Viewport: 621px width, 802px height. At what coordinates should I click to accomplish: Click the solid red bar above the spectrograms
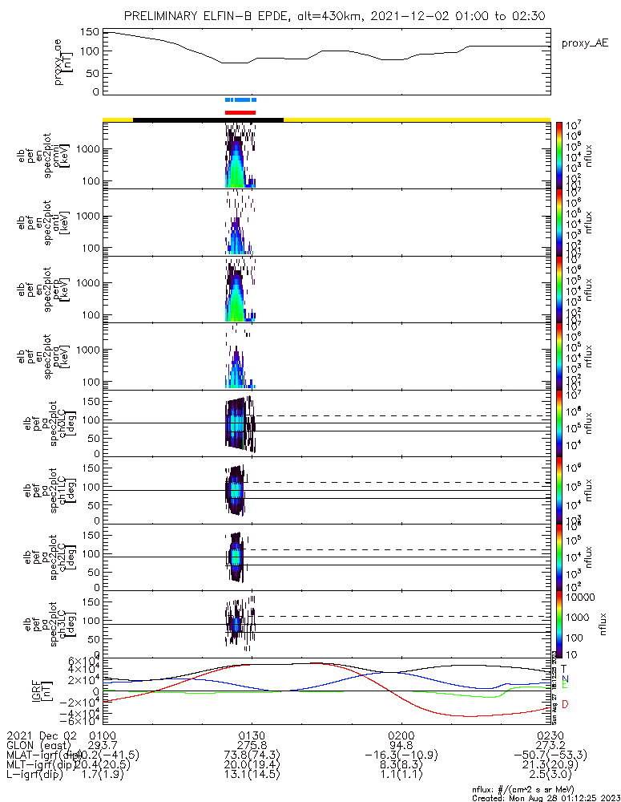(x=240, y=112)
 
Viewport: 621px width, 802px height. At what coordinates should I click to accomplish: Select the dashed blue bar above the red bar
(x=240, y=99)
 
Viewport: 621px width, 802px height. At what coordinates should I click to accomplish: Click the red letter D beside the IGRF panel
(x=565, y=704)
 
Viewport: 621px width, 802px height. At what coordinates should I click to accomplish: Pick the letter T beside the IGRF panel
(x=564, y=668)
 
